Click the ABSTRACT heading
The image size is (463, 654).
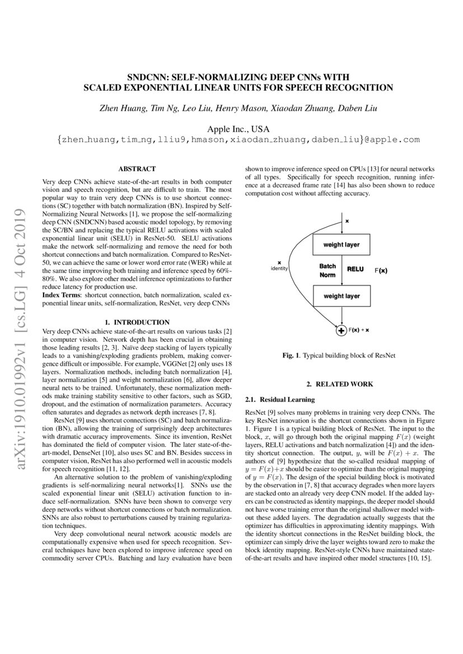tap(137, 168)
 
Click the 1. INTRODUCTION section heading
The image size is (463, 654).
tap(137, 322)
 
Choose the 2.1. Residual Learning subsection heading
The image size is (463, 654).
tap(280, 399)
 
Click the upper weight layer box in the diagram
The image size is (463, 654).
tap(341, 244)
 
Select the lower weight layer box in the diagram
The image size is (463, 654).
tap(341, 296)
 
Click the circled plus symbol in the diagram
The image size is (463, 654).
tap(340, 331)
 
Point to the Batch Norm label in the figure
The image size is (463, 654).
tap(328, 271)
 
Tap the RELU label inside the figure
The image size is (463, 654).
tap(355, 269)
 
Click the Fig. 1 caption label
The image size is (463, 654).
tap(290, 355)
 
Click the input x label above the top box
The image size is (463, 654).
tap(347, 221)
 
